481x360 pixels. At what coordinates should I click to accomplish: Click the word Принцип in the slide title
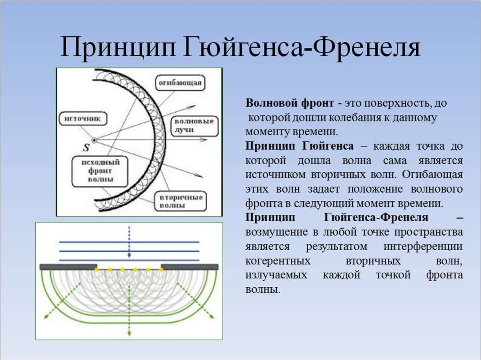120,47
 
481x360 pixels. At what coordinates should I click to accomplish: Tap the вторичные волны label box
181,201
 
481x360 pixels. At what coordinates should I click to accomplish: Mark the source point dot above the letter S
94,140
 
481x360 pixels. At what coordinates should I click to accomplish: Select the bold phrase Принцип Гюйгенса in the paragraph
299,146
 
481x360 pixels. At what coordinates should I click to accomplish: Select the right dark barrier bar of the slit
190,267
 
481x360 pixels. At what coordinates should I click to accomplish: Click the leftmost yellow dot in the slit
97,269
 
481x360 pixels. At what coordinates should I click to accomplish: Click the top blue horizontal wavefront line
129,242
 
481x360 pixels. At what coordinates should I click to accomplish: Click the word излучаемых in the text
276,275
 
